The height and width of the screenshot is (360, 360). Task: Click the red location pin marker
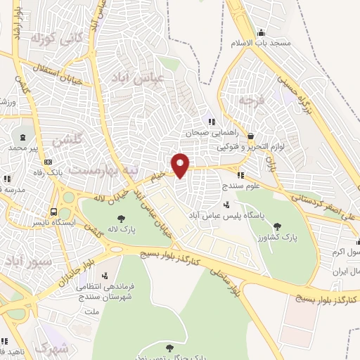181,165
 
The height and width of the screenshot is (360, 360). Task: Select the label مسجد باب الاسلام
260,43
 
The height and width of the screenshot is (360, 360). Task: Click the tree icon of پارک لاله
121,219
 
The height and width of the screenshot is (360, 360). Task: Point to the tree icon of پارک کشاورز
278,226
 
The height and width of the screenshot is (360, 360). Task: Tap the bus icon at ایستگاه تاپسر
54,211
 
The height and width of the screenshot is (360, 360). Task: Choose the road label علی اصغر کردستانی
316,204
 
